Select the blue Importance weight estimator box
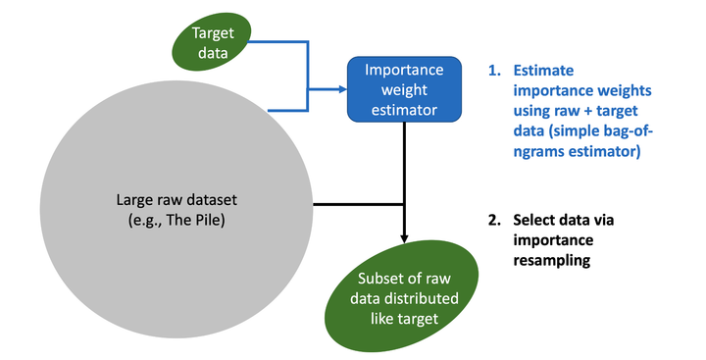click(403, 88)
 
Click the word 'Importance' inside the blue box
click(403, 71)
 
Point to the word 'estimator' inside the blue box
click(403, 107)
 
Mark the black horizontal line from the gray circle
click(353, 204)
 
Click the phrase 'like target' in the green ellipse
click(405, 318)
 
